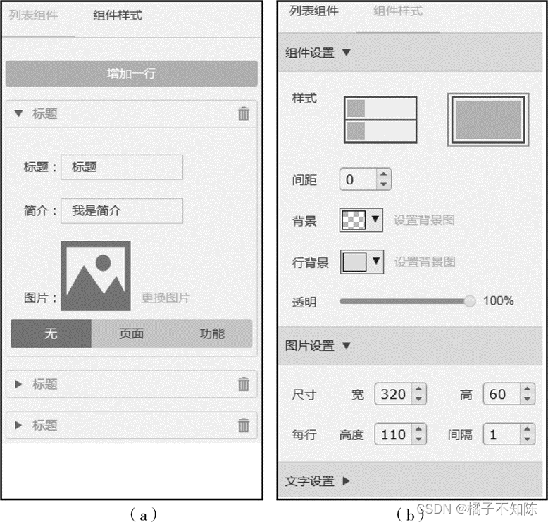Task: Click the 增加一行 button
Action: coord(132,73)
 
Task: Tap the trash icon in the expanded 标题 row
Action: coord(244,113)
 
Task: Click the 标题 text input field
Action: coord(122,167)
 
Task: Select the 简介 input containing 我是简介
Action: coord(122,211)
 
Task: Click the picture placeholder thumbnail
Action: coord(96,276)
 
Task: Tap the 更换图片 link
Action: coord(166,298)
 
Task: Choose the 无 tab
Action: coord(51,333)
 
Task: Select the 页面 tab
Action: coord(132,333)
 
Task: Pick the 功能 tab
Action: coord(212,333)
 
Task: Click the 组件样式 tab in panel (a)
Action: coord(118,15)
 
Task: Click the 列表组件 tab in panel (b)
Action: coord(314,11)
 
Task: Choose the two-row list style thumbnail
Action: coord(380,120)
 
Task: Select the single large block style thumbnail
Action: coord(488,120)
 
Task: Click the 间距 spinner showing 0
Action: coord(366,179)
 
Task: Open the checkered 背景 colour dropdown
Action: coord(361,220)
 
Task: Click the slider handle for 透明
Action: coord(470,300)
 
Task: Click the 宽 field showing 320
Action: coord(401,394)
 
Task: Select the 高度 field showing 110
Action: coord(401,434)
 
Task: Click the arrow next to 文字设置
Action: coord(346,481)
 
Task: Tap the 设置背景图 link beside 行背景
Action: coord(425,262)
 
